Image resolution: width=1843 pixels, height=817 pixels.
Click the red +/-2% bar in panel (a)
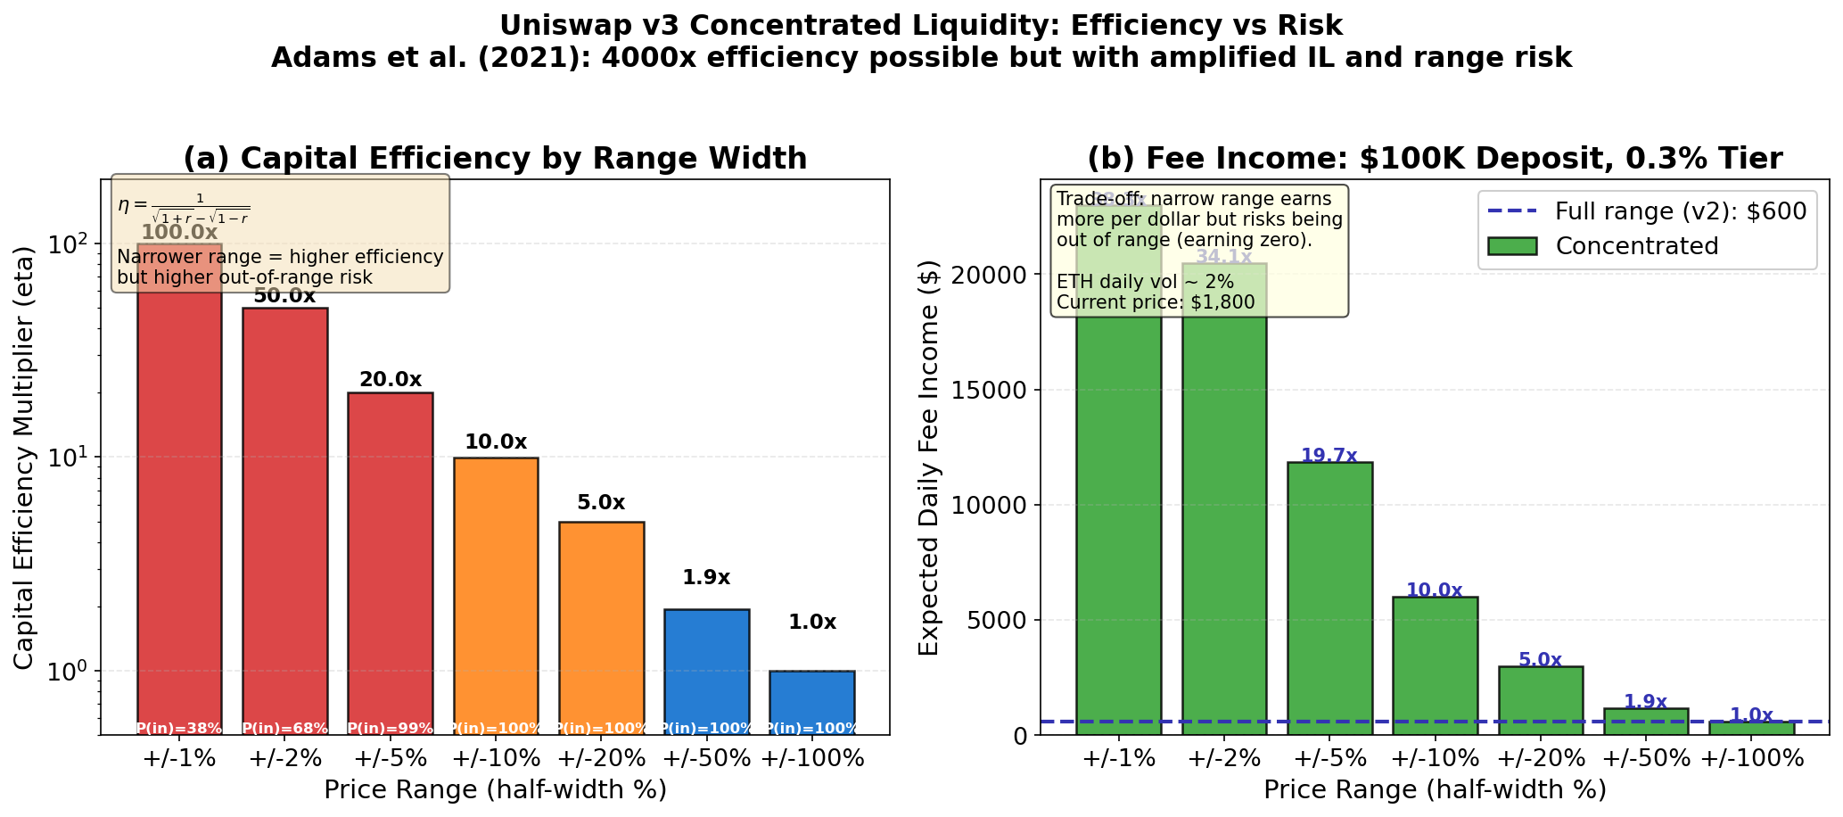pos(284,517)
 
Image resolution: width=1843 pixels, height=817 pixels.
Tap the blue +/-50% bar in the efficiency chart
pos(706,669)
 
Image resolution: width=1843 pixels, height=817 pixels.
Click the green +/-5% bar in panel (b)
pos(1329,598)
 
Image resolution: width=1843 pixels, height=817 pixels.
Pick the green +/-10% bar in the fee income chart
pos(1435,664)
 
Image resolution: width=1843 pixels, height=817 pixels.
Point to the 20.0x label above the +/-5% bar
pos(391,379)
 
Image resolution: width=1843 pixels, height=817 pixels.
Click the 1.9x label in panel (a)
pos(706,577)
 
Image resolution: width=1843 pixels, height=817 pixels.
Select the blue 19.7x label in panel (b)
pos(1329,456)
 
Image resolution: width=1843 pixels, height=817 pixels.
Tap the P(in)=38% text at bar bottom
pos(179,728)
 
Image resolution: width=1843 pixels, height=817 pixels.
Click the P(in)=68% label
pos(284,728)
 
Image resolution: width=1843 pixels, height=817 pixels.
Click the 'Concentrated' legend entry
pos(1636,246)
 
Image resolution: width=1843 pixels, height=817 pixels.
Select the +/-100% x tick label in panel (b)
pos(1751,759)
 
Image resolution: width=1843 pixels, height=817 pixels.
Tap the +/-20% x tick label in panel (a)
pos(601,759)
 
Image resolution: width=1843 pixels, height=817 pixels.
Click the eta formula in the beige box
pos(184,207)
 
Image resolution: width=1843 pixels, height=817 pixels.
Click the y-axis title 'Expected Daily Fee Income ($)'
pos(928,458)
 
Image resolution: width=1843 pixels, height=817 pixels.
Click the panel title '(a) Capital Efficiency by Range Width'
pos(495,159)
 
